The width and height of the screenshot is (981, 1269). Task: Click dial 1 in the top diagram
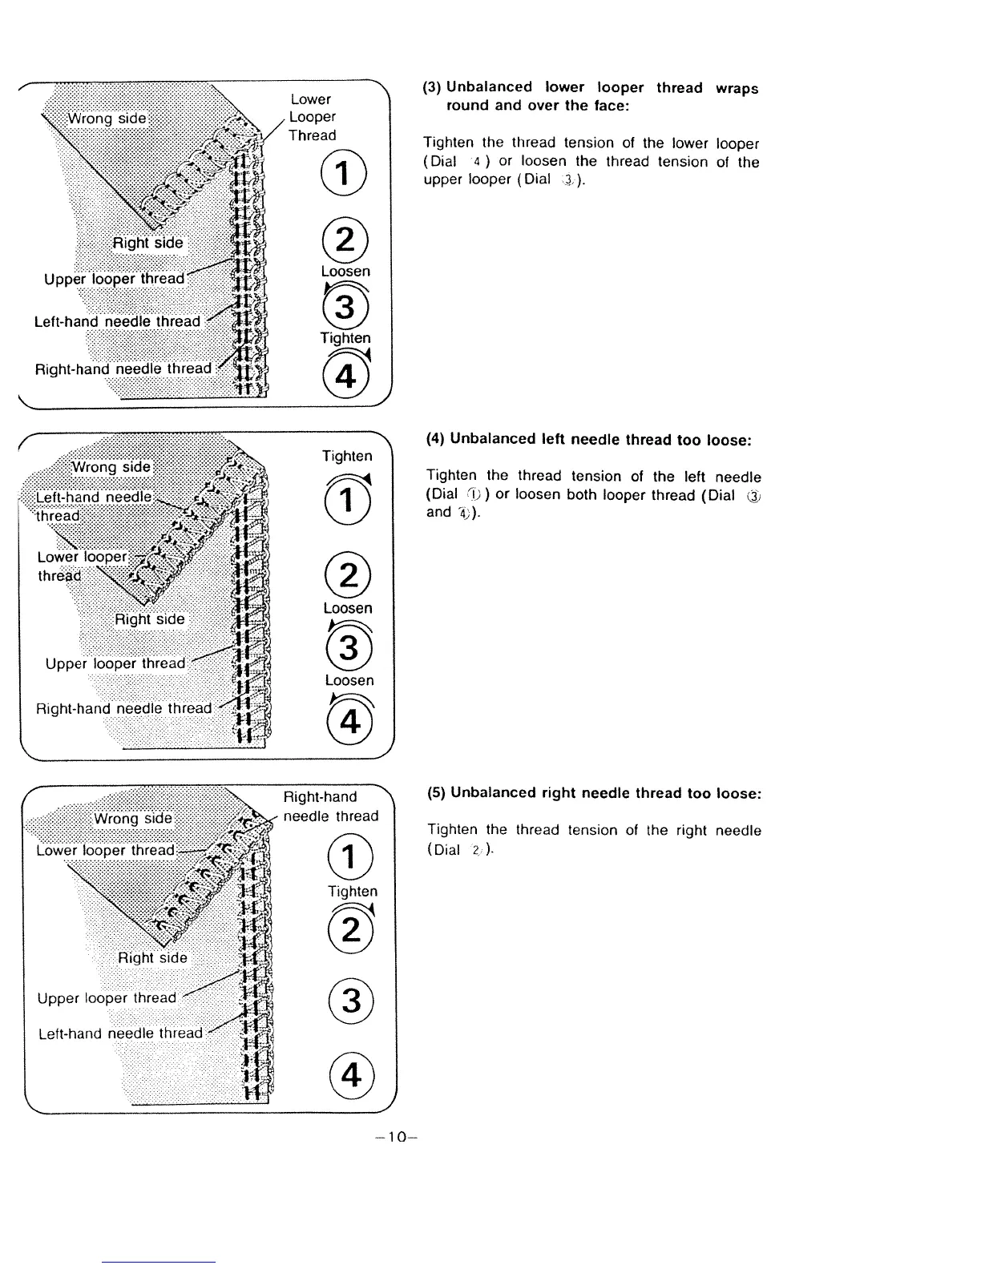coord(344,175)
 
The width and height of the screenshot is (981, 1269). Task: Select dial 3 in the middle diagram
coord(349,647)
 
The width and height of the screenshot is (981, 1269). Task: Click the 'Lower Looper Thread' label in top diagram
coord(313,117)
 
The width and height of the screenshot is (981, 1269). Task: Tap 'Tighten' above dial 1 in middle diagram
coord(347,456)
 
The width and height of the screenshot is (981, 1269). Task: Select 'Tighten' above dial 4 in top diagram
coord(345,338)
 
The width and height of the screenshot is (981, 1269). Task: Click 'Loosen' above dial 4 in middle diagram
coord(349,680)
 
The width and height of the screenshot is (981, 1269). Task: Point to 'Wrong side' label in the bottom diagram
coord(133,818)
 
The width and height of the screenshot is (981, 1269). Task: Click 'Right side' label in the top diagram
coord(147,243)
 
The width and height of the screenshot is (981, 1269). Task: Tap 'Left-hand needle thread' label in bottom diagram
coord(121,1033)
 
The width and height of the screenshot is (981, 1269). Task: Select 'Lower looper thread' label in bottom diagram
coord(106,850)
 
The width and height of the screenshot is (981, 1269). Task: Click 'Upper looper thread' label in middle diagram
coord(115,663)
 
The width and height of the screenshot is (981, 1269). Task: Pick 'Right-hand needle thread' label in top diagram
coord(123,369)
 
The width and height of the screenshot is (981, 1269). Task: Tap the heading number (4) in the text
coord(435,439)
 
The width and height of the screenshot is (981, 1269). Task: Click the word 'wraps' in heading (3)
coord(737,88)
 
